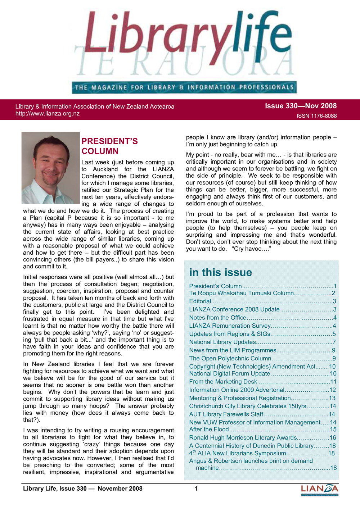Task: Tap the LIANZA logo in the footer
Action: (319, 490)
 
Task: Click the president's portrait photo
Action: (50, 168)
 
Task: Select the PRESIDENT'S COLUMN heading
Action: (109, 146)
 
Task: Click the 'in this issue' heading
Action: (220, 272)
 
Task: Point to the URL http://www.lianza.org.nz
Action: (48, 114)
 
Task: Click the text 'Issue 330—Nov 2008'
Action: (301, 106)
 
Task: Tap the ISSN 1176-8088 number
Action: (316, 116)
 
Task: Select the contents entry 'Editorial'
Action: (200, 301)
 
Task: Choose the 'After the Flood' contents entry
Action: (209, 429)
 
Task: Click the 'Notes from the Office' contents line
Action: (218, 318)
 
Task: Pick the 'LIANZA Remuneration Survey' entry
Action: (230, 326)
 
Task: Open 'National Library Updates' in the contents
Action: (222, 342)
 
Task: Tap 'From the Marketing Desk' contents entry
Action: (223, 382)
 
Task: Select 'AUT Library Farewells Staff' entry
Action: (226, 414)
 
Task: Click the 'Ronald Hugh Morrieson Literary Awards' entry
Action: (243, 438)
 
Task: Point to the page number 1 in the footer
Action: (196, 488)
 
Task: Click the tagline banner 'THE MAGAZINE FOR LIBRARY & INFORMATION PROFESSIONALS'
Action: (184, 87)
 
